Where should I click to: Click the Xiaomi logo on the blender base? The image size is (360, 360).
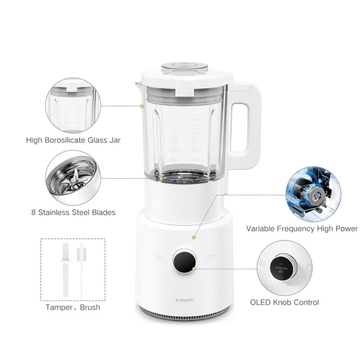[184, 300]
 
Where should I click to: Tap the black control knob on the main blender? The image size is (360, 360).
[184, 261]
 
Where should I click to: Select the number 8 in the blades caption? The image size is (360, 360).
[33, 212]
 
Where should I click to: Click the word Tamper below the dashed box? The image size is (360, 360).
[59, 307]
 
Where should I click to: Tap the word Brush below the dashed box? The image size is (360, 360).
[90, 307]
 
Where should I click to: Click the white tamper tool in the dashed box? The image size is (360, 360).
[66, 270]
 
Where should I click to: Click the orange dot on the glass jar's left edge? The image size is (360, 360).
[142, 106]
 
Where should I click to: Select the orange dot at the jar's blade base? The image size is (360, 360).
[161, 179]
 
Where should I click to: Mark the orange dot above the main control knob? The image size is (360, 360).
[194, 238]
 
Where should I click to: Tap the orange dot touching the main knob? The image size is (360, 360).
[194, 269]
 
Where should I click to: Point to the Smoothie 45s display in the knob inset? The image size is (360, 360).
[281, 269]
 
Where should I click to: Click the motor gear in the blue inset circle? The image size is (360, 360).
[317, 196]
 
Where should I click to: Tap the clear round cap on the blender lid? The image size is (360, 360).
[184, 68]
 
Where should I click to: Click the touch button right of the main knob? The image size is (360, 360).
[210, 258]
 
